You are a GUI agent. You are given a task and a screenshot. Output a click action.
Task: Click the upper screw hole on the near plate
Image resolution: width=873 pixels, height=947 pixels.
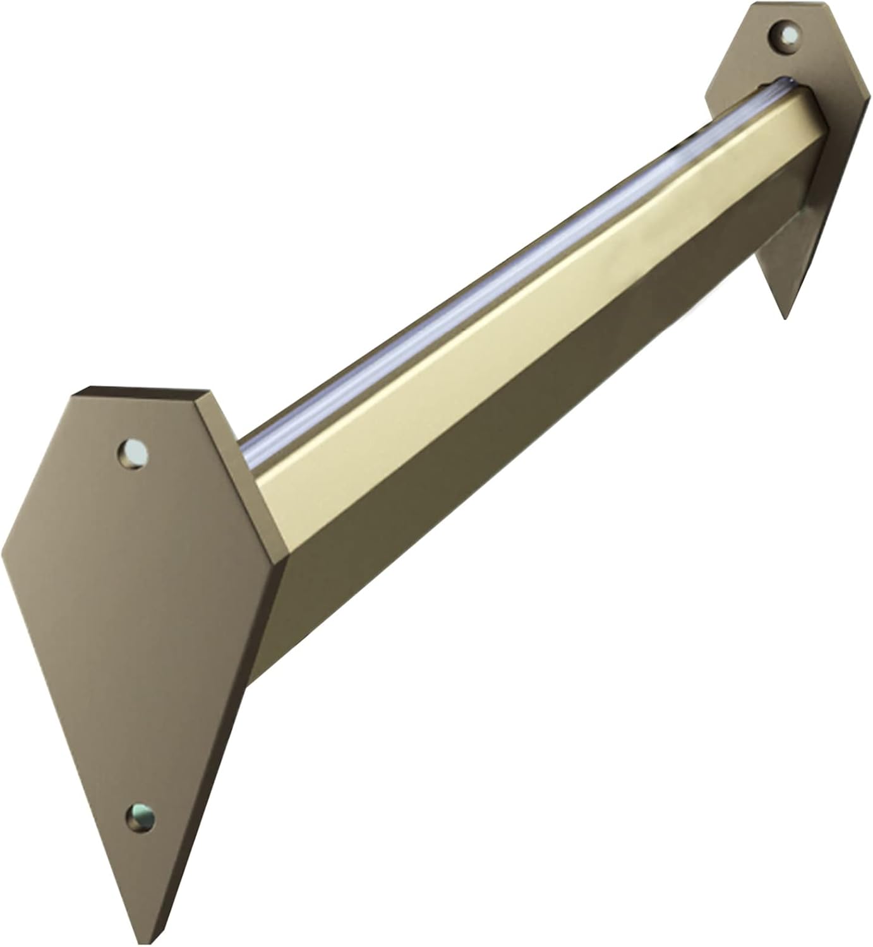click(x=135, y=453)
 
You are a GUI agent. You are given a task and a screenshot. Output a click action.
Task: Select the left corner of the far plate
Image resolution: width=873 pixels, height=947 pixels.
click(x=706, y=98)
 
